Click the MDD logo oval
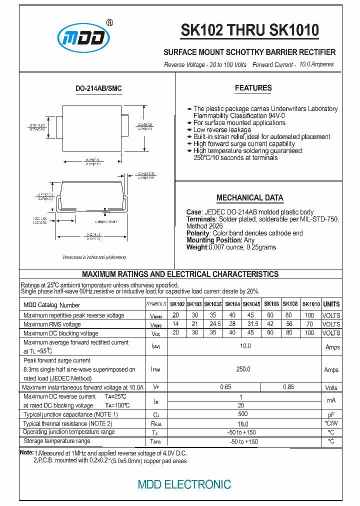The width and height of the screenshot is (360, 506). click(x=83, y=38)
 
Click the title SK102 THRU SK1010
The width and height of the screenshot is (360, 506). click(x=249, y=31)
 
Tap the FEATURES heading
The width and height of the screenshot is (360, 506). click(x=253, y=88)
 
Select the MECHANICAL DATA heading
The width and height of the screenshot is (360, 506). click(x=249, y=197)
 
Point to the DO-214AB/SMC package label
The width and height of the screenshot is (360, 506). click(x=98, y=88)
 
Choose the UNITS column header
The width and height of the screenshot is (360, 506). click(x=331, y=304)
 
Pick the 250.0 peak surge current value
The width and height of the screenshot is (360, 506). click(x=243, y=369)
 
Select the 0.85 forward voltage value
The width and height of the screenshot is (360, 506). click(x=288, y=387)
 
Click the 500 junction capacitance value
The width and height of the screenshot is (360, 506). click(x=243, y=414)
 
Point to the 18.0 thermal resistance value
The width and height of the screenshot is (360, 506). click(x=243, y=423)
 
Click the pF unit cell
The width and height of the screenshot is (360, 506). click(x=331, y=415)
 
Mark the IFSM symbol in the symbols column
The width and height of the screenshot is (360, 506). click(x=155, y=370)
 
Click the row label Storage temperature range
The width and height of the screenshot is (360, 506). click(x=57, y=441)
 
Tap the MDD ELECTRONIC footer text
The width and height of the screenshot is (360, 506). click(x=184, y=484)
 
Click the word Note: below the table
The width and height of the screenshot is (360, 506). click(x=26, y=452)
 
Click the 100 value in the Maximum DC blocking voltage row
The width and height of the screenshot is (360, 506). click(x=309, y=333)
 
